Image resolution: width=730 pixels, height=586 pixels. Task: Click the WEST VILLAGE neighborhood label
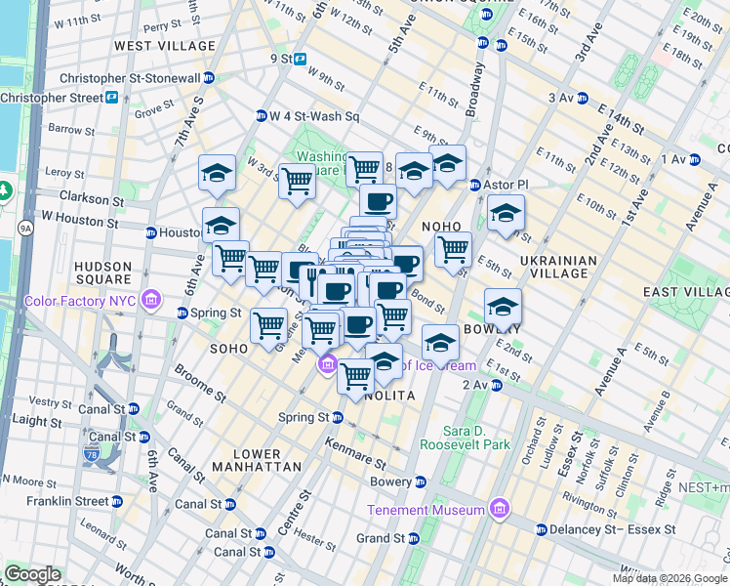165,46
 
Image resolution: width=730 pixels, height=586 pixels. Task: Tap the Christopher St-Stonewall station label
143,78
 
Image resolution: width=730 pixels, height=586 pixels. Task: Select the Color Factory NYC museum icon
151,298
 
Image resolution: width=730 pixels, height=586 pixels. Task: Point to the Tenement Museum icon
500,509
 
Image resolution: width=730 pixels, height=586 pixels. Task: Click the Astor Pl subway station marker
475,185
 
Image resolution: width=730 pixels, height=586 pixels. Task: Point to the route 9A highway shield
24,229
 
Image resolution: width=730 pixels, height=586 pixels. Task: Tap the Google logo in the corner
32,574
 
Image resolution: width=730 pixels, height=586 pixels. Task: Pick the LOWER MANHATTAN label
258,461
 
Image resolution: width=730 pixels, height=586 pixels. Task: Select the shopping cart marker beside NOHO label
453,249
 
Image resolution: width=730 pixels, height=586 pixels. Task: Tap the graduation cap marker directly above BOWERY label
502,307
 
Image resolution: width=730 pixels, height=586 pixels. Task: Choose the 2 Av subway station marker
497,386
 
